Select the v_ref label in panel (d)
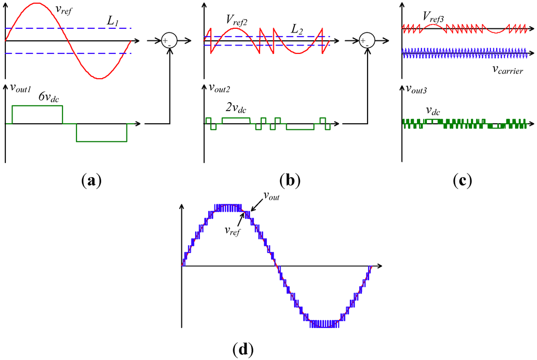click(x=232, y=230)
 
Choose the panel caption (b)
click(x=289, y=180)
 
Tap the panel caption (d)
click(x=243, y=348)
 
